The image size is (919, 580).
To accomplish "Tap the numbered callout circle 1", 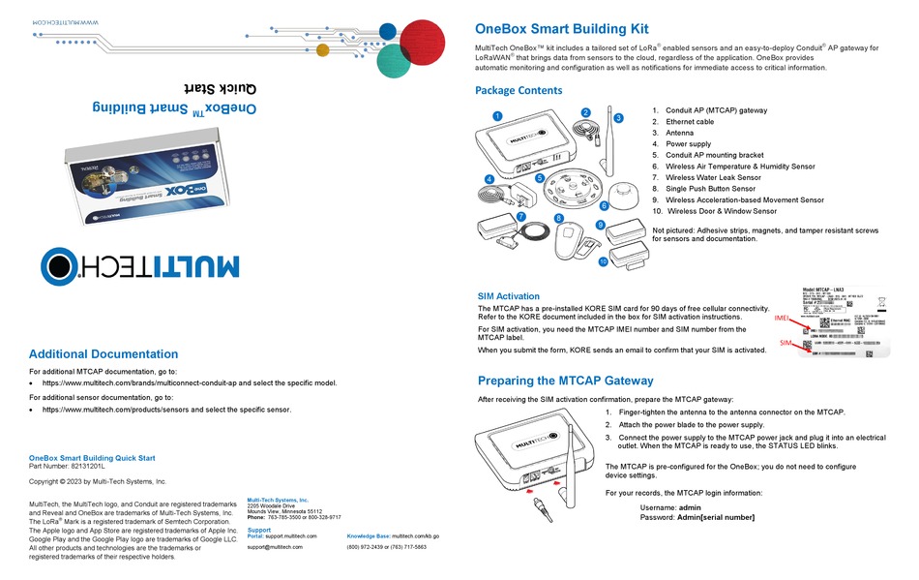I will tap(497, 116).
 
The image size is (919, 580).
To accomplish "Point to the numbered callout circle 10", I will tap(603, 260).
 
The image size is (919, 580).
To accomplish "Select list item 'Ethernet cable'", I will tap(689, 122).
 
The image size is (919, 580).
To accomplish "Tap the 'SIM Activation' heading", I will tap(509, 296).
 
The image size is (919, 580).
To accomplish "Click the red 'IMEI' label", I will tap(785, 317).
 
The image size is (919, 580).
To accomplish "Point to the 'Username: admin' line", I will tap(670, 507).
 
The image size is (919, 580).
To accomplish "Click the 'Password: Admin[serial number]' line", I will tap(697, 517).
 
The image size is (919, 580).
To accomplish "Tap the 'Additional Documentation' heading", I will tap(104, 354).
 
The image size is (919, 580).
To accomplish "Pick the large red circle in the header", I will tap(429, 45).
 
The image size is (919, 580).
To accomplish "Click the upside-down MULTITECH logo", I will tap(141, 264).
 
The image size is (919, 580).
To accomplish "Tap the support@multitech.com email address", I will tap(275, 547).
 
